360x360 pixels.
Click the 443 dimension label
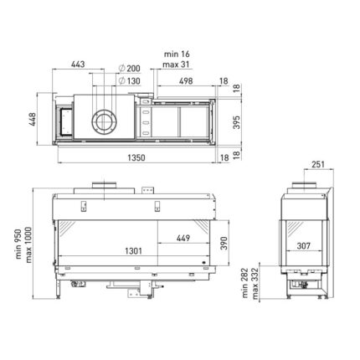point(78,64)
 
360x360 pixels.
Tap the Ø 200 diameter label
point(129,69)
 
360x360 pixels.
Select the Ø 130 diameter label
point(129,81)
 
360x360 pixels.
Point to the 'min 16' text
point(177,54)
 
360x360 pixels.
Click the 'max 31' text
point(176,64)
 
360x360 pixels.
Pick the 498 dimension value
point(186,81)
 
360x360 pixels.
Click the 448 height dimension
point(33,119)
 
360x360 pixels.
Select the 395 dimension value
point(236,122)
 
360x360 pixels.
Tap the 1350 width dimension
point(136,158)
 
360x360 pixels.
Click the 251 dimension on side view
point(318,164)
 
